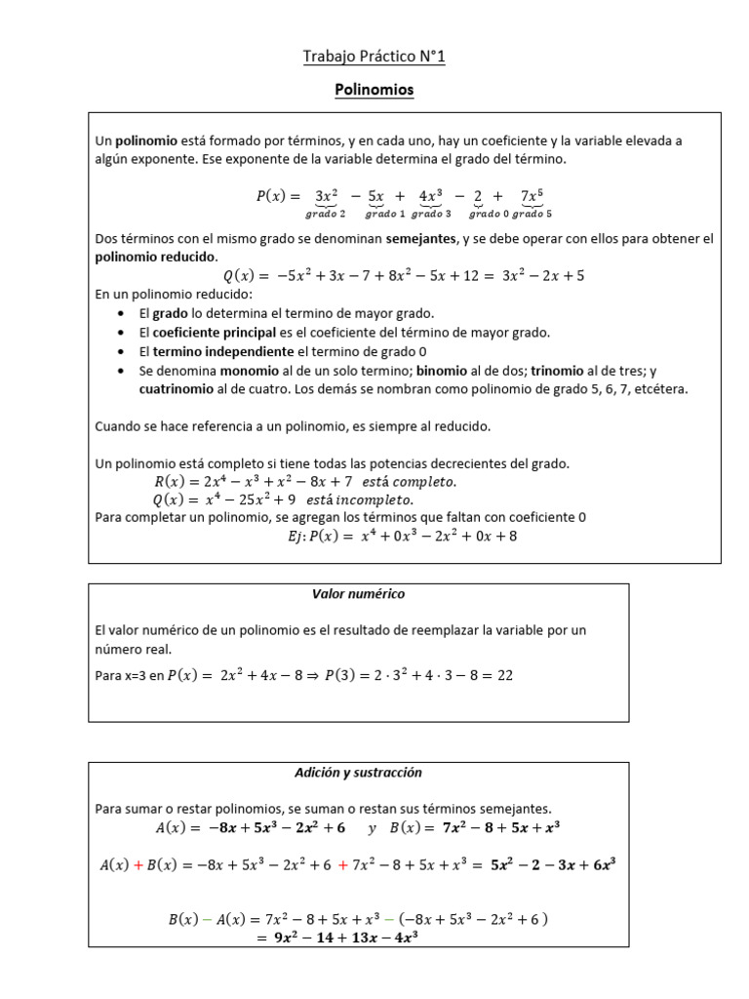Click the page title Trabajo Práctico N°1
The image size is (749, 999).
coord(374,58)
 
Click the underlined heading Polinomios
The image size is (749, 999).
coord(374,90)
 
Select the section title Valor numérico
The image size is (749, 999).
coord(358,594)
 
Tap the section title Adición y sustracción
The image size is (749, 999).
coord(358,772)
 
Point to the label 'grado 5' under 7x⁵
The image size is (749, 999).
coord(532,214)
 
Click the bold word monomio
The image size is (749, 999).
coord(249,371)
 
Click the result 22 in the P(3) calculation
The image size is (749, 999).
coord(504,675)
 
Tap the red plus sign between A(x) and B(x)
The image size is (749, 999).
coord(138,863)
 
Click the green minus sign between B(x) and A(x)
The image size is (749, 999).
coord(207,919)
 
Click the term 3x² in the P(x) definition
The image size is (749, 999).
coord(326,196)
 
